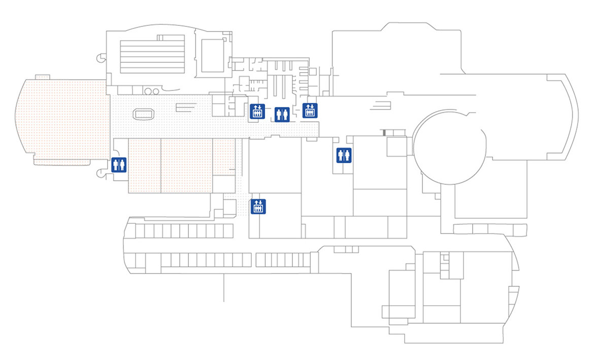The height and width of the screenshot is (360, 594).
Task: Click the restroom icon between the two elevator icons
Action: (282, 114)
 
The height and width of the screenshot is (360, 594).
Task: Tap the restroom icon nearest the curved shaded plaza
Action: (118, 165)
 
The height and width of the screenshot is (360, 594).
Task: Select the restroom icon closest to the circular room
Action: (344, 155)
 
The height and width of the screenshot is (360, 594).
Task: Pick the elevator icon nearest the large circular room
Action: (310, 110)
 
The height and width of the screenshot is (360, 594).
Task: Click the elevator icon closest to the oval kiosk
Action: (256, 111)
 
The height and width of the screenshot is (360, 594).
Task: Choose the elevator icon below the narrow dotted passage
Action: (258, 206)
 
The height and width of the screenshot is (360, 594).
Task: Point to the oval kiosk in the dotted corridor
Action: (143, 114)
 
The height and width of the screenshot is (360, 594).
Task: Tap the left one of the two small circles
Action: (148, 91)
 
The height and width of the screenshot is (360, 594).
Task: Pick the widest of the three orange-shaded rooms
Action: (186, 165)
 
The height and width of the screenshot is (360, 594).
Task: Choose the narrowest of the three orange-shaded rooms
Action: (223, 157)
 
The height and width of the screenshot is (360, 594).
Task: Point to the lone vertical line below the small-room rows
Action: (224, 287)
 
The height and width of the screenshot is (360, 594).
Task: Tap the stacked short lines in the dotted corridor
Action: (186, 107)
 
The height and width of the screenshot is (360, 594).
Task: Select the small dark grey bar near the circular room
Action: (384, 133)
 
